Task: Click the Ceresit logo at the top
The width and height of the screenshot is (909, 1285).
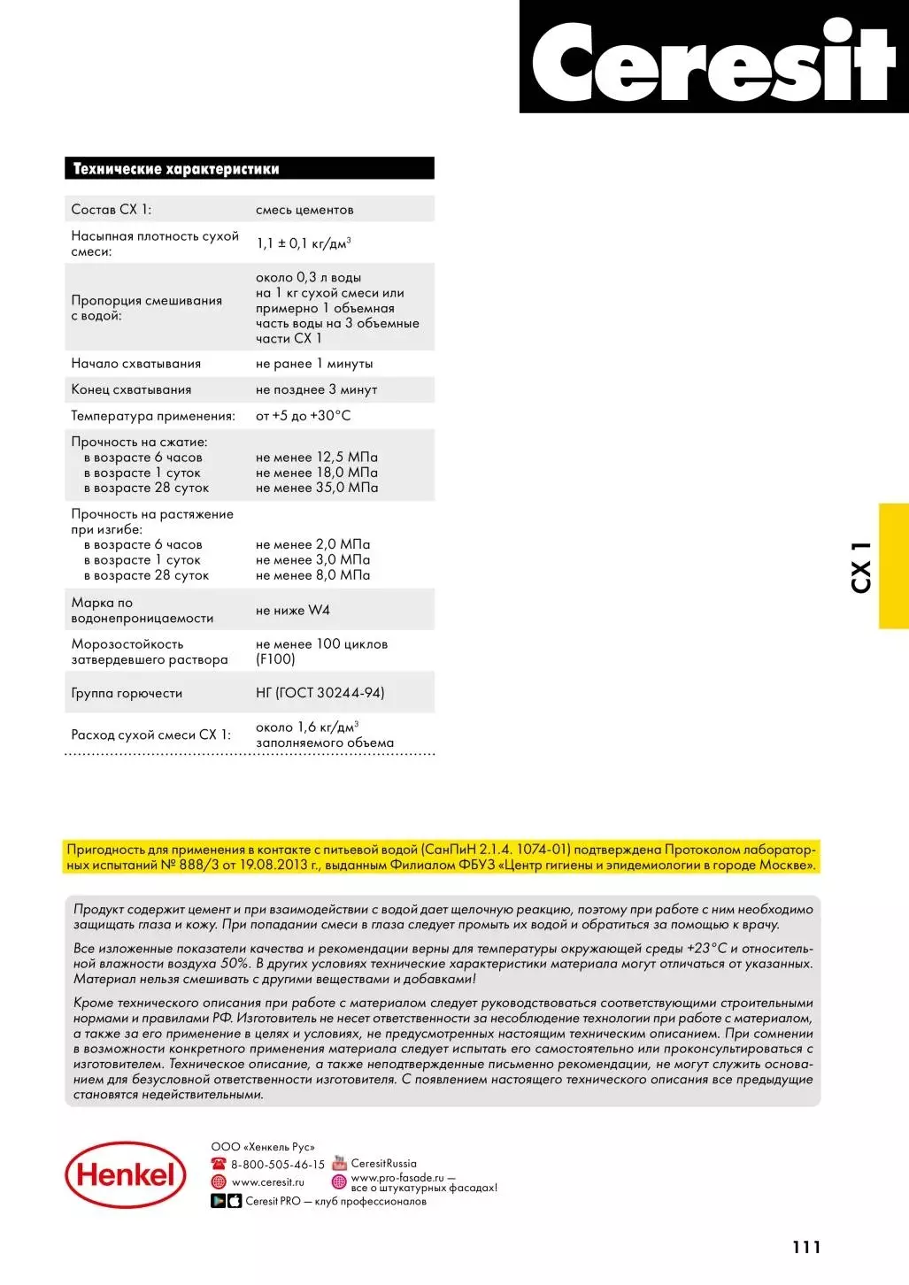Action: tap(713, 59)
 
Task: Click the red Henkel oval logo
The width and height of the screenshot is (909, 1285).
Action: tap(126, 1174)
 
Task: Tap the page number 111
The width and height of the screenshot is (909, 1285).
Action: tap(806, 1247)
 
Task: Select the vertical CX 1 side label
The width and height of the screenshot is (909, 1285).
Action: tap(861, 567)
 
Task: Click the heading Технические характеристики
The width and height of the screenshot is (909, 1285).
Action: tap(176, 169)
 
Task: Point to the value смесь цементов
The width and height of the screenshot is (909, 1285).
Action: tap(304, 210)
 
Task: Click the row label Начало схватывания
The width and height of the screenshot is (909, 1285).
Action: tap(136, 364)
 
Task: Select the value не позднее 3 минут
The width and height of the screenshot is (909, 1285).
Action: tap(316, 389)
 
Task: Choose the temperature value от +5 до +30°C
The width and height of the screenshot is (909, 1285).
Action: tap(303, 415)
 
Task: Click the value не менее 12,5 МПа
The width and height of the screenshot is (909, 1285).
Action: tap(317, 458)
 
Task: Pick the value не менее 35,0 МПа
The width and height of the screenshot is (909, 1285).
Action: tap(317, 488)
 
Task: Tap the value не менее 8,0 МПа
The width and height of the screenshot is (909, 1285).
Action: tap(313, 575)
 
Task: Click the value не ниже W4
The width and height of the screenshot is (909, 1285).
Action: tap(293, 611)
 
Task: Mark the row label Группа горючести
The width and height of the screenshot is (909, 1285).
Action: tap(127, 693)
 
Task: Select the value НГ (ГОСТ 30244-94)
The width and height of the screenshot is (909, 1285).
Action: tap(320, 693)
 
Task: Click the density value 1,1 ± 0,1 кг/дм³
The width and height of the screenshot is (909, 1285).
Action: tap(304, 243)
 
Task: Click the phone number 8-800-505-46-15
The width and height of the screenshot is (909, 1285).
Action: tap(278, 1165)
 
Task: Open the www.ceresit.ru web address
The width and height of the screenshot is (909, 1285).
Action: tap(267, 1182)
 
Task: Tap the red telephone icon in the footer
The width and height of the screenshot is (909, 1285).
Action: tap(219, 1165)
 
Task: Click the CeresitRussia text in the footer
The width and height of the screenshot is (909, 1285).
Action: tap(383, 1164)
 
